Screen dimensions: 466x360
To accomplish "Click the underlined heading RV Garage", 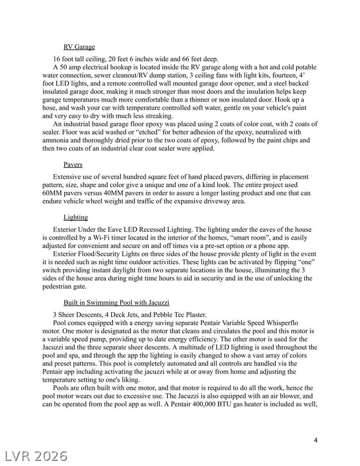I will point(79,47).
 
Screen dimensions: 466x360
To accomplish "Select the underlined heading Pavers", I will point(73,165).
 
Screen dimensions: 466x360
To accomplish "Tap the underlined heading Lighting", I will point(75,217).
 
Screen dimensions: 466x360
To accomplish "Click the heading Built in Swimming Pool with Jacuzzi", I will point(116,302).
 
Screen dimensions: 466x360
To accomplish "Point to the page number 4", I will point(316,440).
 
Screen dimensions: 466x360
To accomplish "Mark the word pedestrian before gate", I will point(59,287).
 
